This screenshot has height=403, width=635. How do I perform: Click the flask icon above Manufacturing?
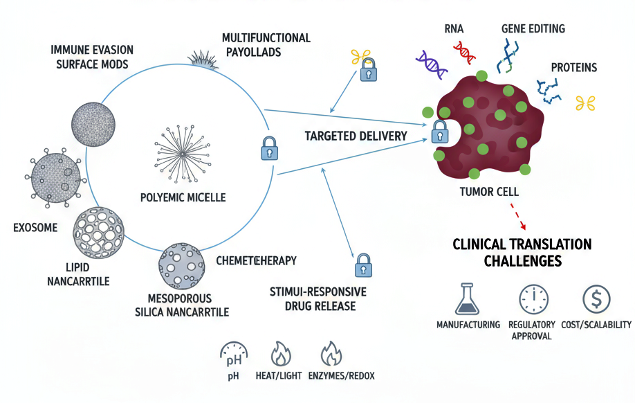point(468,300)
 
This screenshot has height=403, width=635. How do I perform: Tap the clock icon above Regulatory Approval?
point(533,300)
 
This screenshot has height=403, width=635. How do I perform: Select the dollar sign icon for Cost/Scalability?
point(596,299)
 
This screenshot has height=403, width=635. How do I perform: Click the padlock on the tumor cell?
point(439,129)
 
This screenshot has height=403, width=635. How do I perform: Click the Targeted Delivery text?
point(356,136)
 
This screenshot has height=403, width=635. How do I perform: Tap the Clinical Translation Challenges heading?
point(522,253)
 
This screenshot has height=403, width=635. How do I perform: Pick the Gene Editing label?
point(533,29)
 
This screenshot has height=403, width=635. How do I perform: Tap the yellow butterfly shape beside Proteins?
point(585,103)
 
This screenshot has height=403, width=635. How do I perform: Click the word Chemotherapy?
point(256,260)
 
